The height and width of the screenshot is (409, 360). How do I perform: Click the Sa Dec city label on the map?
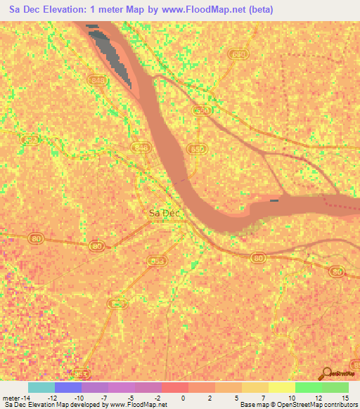[x=164, y=213]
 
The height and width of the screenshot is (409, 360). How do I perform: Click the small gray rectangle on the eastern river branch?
[x=274, y=201]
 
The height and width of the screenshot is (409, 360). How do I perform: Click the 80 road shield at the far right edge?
[x=337, y=271]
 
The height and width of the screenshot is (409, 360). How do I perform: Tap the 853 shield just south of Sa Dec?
[x=157, y=261]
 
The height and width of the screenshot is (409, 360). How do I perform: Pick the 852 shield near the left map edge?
[x=30, y=140]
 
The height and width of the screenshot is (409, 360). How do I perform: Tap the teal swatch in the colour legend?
[x=41, y=387]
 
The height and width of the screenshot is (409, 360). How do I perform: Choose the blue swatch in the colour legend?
[x=68, y=387]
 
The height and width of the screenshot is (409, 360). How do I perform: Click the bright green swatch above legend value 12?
[x=308, y=387]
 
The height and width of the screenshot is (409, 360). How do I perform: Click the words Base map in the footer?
[x=252, y=405]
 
